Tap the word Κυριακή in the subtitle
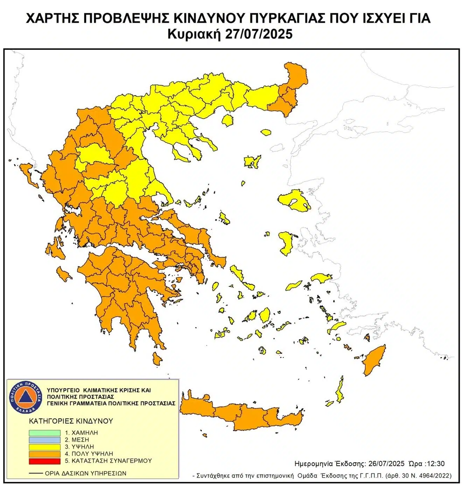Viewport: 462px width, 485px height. click(x=194, y=34)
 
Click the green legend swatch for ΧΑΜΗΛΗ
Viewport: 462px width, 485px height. click(x=44, y=433)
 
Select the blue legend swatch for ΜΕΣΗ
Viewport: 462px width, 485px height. click(x=44, y=440)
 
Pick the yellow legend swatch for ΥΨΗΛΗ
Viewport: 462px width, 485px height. click(x=44, y=447)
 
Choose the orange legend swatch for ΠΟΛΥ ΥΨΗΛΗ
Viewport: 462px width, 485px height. click(x=44, y=454)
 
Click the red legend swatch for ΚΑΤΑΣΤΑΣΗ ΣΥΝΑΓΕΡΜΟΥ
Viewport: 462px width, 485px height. click(x=44, y=461)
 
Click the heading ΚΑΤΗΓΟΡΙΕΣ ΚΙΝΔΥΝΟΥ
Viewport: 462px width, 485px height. click(x=71, y=421)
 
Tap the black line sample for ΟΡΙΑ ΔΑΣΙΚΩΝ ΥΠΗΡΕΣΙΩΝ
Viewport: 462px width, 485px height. click(x=36, y=473)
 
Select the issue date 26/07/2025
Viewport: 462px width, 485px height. click(x=386, y=464)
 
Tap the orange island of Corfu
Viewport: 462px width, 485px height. click(x=29, y=175)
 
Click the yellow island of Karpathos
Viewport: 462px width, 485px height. click(x=339, y=392)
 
